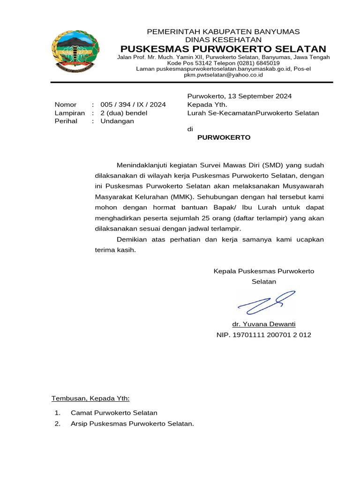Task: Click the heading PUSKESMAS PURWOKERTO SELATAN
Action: click(223, 49)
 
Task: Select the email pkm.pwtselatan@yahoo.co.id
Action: click(223, 75)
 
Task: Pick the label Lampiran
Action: click(69, 113)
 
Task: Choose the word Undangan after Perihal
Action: click(117, 121)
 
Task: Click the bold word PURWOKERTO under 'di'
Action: click(224, 137)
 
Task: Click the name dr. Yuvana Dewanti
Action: click(264, 324)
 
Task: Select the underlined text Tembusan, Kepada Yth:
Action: click(90, 398)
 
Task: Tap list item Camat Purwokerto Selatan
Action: click(114, 413)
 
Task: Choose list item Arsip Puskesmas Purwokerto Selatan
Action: click(132, 424)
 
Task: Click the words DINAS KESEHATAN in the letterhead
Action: click(223, 40)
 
